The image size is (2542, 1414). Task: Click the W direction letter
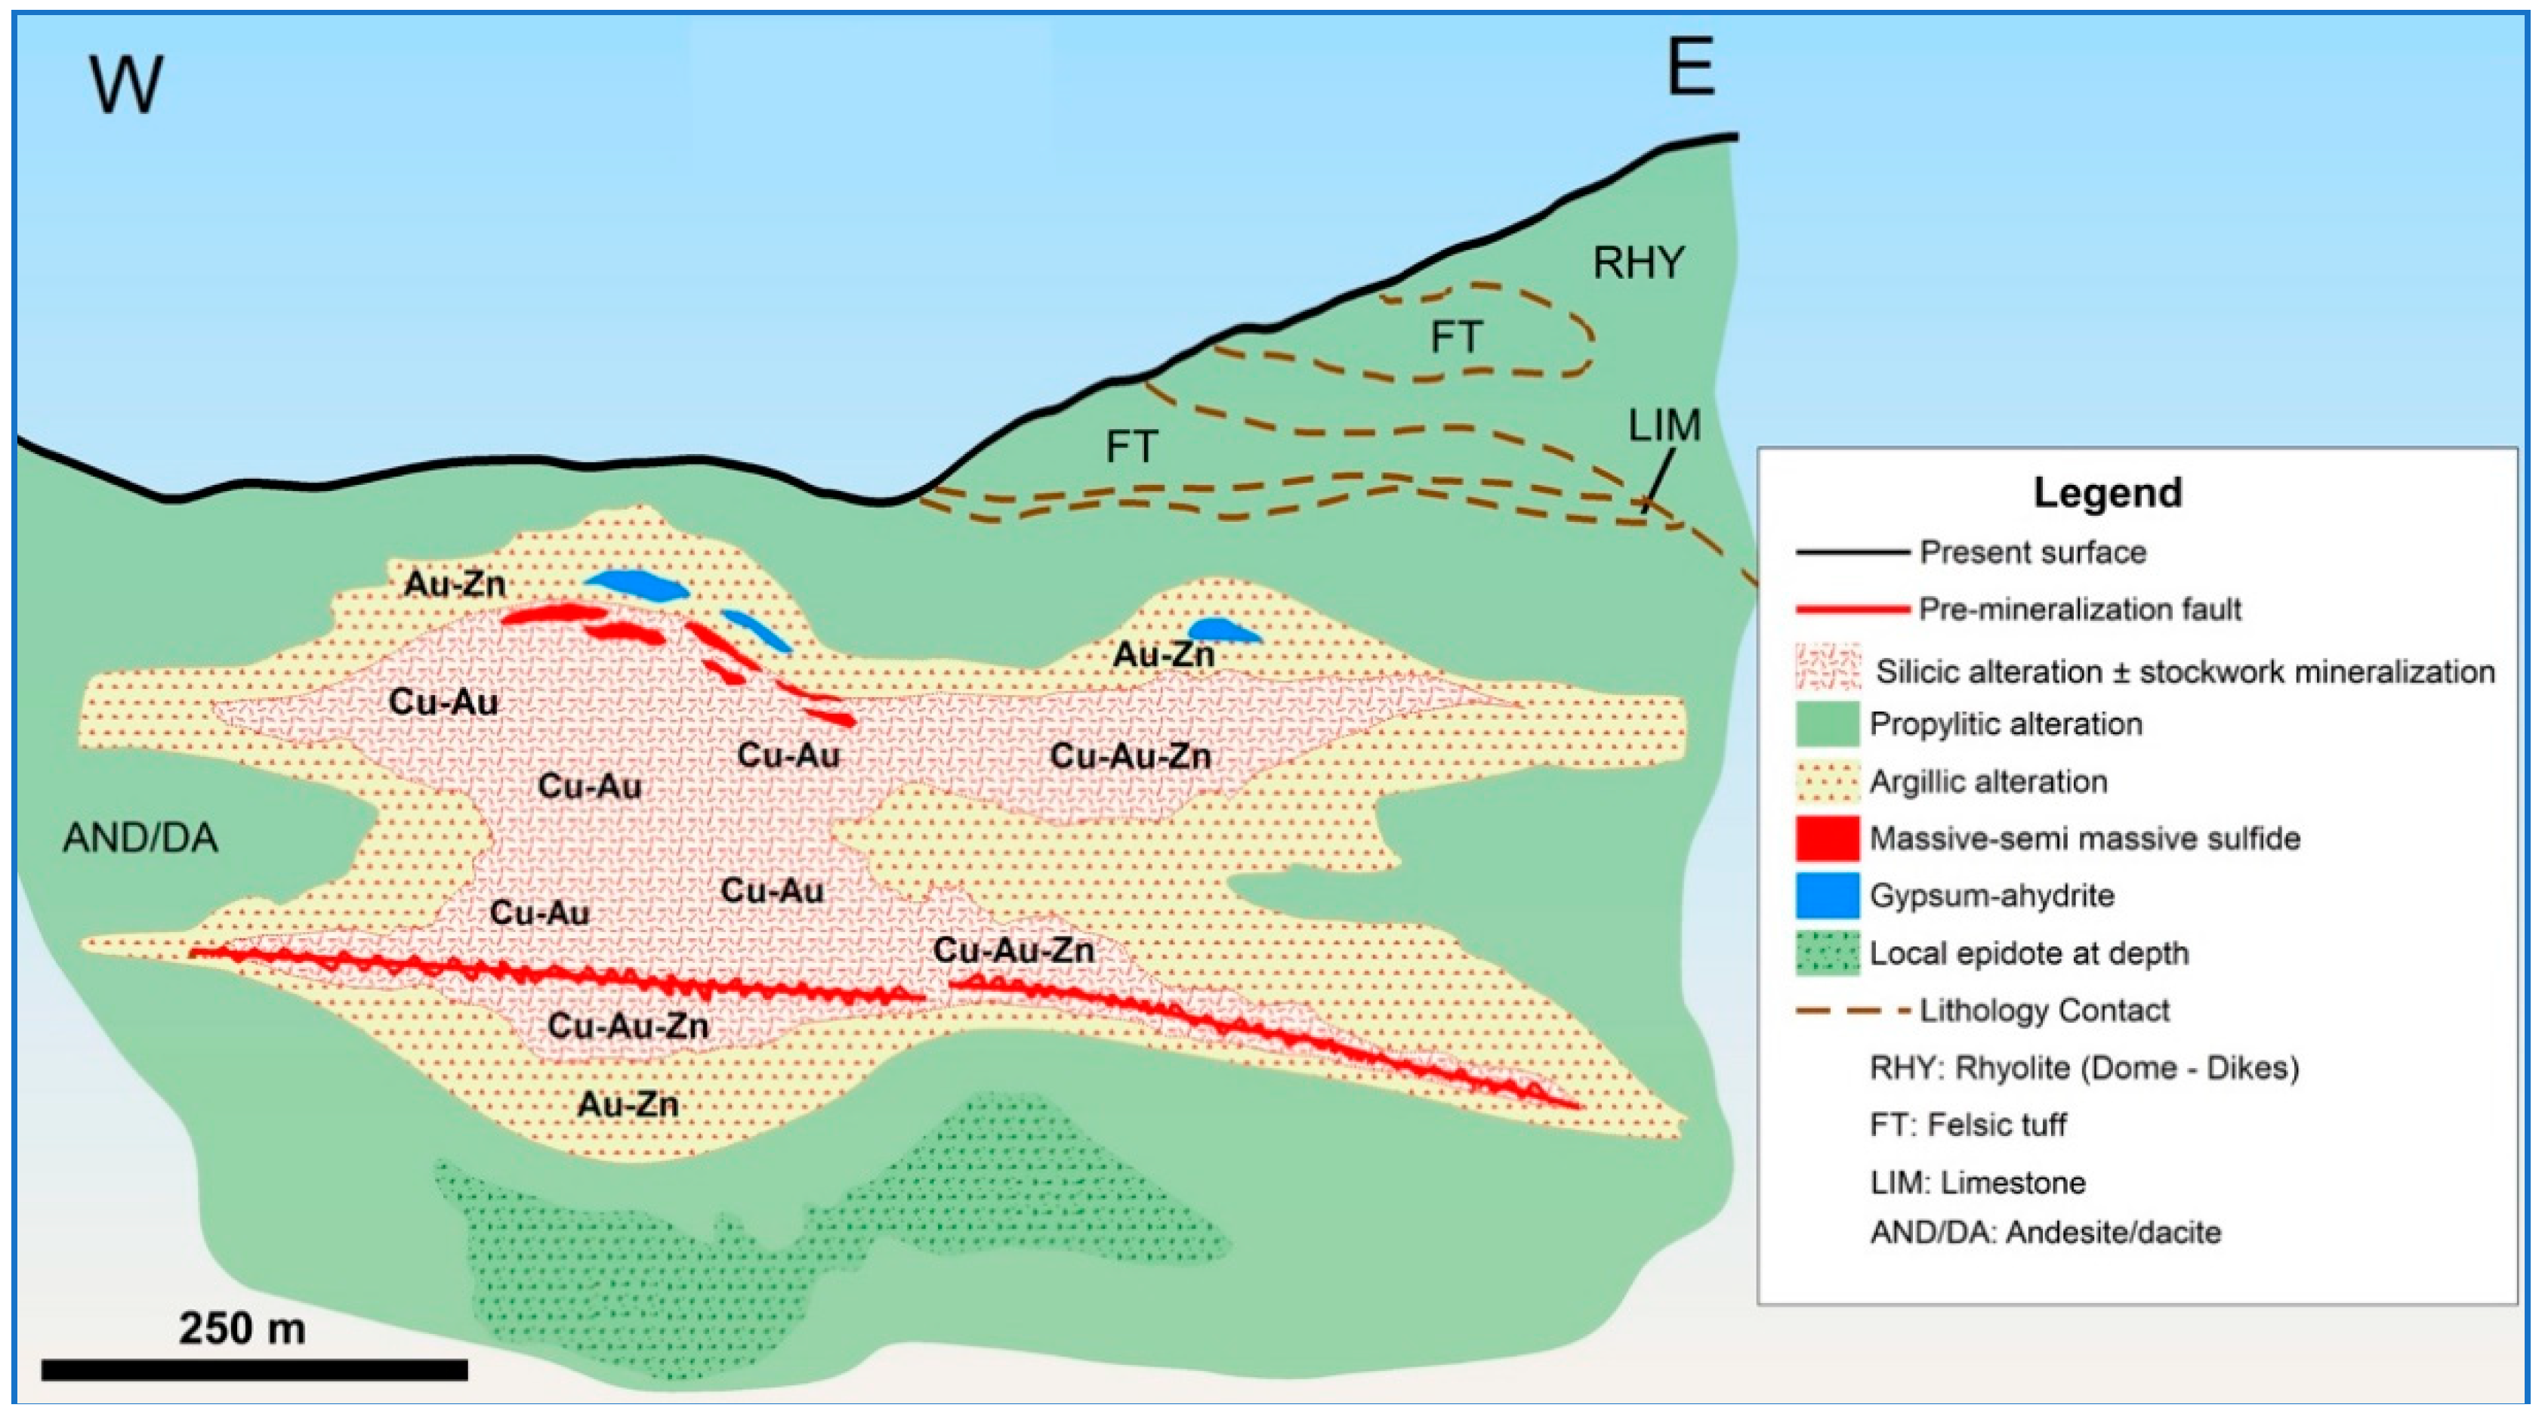click(x=126, y=85)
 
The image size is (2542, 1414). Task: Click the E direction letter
click(x=1690, y=67)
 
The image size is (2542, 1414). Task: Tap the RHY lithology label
click(x=1638, y=262)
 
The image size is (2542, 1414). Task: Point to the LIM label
click(x=1664, y=426)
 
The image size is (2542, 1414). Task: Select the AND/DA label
click(x=140, y=838)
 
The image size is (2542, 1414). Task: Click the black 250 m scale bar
click(x=255, y=1369)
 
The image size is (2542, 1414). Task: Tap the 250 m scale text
click(x=242, y=1328)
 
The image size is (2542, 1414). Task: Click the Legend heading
click(x=2108, y=492)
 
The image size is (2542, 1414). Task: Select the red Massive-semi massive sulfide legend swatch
click(x=1828, y=838)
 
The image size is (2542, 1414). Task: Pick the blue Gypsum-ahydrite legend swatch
click(x=1828, y=896)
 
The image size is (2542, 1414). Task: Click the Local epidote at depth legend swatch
click(x=1828, y=953)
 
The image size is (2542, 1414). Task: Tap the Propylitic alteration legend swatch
click(x=1828, y=724)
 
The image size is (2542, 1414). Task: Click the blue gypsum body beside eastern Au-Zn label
click(x=1222, y=631)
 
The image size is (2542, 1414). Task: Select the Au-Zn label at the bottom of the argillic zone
click(x=628, y=1104)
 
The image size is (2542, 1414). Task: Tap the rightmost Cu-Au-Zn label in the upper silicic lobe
click(x=1130, y=757)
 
